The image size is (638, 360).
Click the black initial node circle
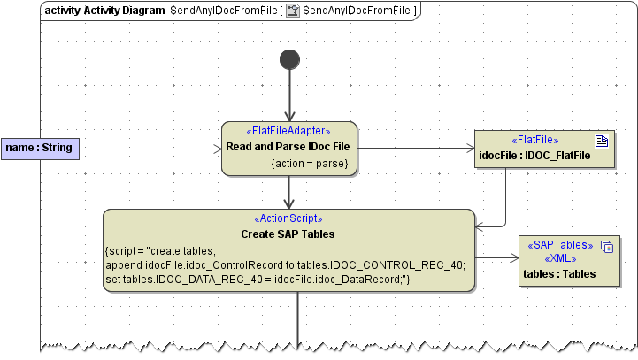point(289,59)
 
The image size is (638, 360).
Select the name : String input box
point(40,149)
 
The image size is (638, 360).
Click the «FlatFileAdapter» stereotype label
point(289,131)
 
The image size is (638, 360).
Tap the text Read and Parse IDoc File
point(289,146)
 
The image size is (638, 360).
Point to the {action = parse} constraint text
point(310,163)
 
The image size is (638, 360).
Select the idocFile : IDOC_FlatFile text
point(534,156)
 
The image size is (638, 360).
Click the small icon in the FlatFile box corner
point(602,140)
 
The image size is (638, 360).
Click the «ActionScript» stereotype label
point(288,218)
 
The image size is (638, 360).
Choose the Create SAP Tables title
point(288,234)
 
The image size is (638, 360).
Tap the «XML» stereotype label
point(559,259)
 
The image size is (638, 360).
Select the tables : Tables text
point(559,274)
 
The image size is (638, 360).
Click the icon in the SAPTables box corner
point(607,248)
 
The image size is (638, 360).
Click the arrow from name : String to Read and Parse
point(150,149)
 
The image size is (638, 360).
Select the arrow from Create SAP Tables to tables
point(496,259)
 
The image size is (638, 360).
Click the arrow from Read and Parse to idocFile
point(416,149)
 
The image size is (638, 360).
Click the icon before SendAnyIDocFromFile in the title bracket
point(293,11)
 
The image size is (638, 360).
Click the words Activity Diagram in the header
point(124,11)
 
